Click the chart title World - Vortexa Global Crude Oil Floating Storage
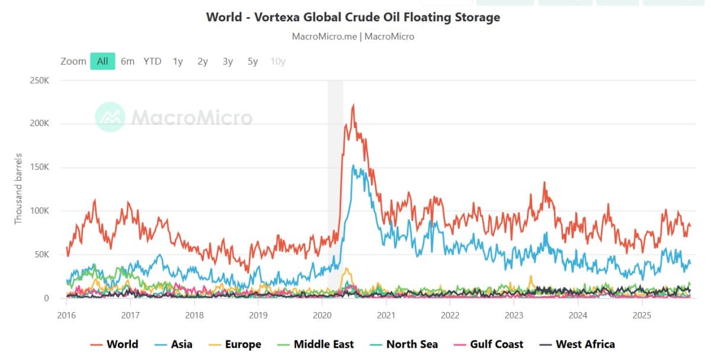(x=353, y=17)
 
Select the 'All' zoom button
(x=103, y=61)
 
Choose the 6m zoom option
(x=127, y=61)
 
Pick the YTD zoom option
(x=152, y=61)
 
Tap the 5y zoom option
(x=253, y=61)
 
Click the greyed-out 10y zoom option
(x=278, y=61)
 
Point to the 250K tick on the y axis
(x=39, y=80)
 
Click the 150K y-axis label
(x=39, y=167)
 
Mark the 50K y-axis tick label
(x=41, y=255)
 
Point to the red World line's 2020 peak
(x=353, y=105)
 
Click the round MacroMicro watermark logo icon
(x=110, y=117)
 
